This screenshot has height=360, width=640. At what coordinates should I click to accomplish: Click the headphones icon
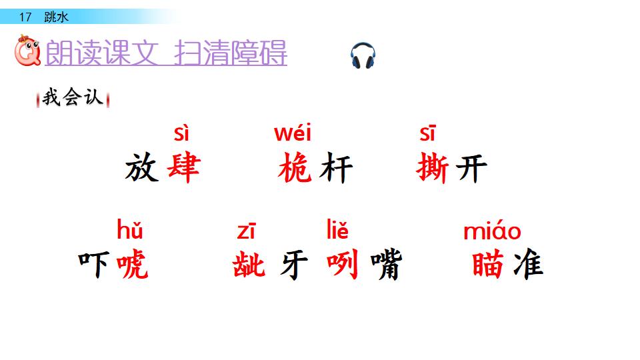[x=363, y=56]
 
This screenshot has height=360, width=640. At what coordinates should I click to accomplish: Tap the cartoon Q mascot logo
[x=27, y=53]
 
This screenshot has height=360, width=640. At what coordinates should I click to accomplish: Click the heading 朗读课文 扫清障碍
[x=166, y=53]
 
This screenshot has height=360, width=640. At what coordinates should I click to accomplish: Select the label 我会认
[x=73, y=98]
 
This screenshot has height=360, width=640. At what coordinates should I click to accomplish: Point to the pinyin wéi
[x=293, y=133]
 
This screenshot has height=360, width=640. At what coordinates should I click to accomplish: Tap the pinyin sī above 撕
[x=427, y=133]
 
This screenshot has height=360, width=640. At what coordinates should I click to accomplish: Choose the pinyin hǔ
[x=130, y=231]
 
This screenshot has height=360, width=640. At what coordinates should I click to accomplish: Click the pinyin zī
[x=246, y=231]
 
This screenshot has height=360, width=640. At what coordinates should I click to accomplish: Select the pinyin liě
[x=337, y=231]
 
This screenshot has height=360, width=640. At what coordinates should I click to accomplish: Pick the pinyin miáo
[x=492, y=231]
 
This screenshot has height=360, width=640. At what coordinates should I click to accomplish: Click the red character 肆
[x=183, y=168]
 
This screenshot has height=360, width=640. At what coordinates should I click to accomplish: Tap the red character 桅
[x=295, y=168]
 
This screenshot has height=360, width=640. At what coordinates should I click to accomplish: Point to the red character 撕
[x=433, y=168]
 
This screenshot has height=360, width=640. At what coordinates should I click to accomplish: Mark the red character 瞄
[x=488, y=265]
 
